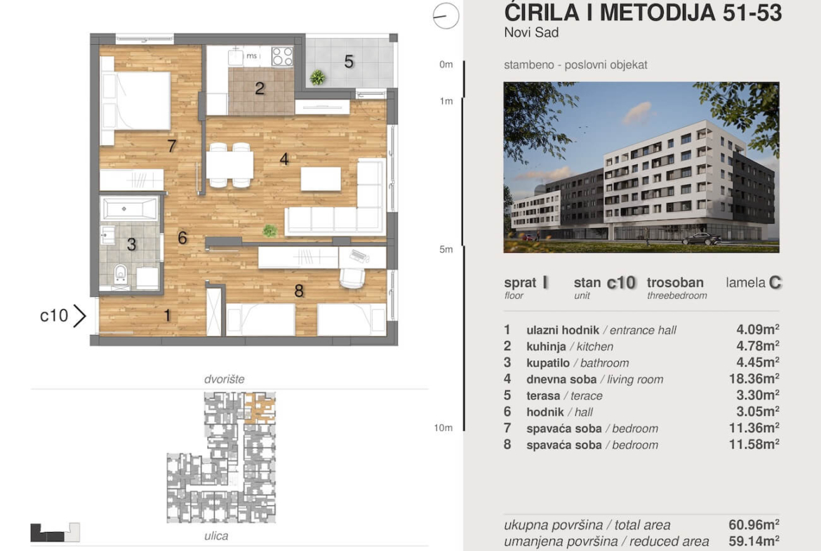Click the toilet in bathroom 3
[121, 274]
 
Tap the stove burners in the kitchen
[282, 57]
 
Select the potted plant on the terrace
[317, 77]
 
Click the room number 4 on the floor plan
[284, 159]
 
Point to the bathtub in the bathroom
[129, 208]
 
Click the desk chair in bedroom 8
[352, 277]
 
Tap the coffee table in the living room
[321, 179]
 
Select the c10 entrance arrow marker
[79, 316]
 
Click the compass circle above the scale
[446, 15]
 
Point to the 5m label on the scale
[446, 249]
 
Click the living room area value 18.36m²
[754, 379]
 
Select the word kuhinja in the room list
[546, 347]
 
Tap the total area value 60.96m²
[754, 524]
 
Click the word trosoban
[675, 283]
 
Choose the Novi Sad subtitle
[531, 32]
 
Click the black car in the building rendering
[702, 239]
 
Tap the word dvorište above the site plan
[224, 379]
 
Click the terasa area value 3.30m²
[758, 395]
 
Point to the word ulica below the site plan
[216, 536]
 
